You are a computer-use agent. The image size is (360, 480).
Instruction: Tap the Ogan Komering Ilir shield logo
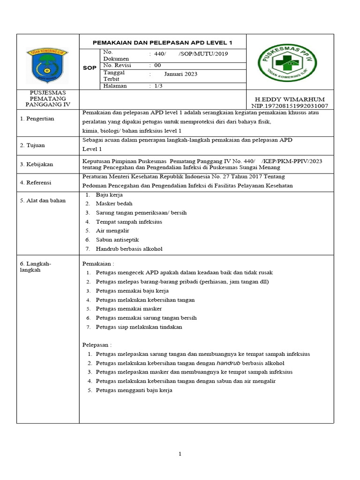(47, 66)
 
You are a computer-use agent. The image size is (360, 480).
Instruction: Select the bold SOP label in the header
(90, 68)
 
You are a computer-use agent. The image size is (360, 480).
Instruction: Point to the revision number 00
(157, 66)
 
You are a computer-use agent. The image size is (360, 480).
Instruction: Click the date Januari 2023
(180, 74)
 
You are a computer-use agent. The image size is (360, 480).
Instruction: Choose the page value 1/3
(159, 86)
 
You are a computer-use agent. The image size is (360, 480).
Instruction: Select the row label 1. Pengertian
(37, 119)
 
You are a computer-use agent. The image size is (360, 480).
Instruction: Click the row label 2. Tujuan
(32, 145)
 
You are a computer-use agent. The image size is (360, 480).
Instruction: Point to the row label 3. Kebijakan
(37, 164)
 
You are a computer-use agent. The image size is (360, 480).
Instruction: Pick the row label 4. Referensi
(36, 182)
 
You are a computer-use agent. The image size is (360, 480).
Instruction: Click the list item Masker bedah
(114, 203)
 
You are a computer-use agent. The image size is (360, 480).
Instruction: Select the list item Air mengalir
(112, 231)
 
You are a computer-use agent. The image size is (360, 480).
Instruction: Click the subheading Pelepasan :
(97, 345)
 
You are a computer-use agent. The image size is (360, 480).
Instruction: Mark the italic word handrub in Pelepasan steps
(229, 363)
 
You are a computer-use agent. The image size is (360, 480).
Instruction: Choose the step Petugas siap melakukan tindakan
(139, 327)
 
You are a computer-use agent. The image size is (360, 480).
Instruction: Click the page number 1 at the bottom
(180, 454)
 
